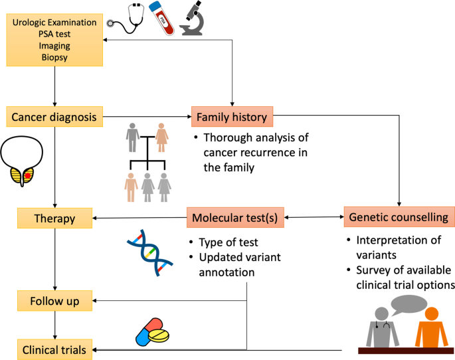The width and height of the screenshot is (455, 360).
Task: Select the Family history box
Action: [231, 118]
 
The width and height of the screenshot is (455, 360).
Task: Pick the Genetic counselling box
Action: [399, 217]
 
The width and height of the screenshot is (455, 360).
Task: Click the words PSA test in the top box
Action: [54, 35]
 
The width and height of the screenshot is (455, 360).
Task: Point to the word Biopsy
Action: [54, 58]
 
